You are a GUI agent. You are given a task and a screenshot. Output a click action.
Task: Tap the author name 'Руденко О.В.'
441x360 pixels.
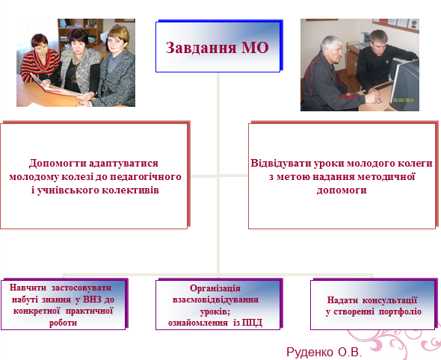(x=324, y=350)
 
